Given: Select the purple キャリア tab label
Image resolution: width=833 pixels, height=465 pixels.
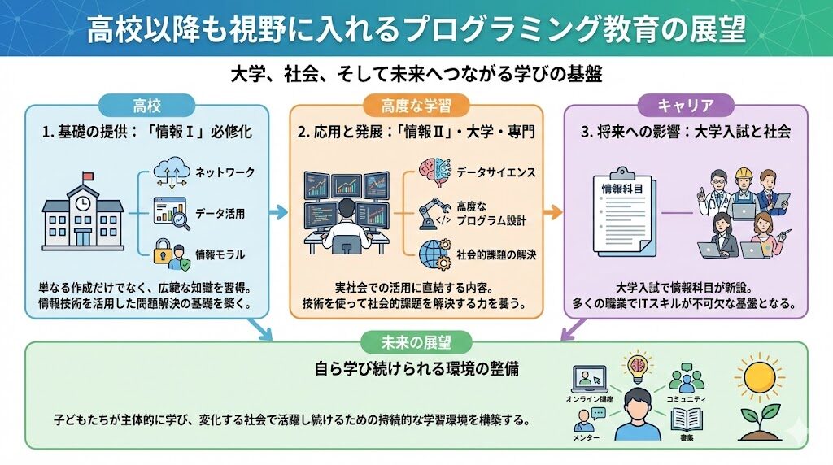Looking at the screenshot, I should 686,105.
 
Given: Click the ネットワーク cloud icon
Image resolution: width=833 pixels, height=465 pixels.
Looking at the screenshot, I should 171,173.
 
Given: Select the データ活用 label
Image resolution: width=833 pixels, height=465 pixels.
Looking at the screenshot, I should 220,214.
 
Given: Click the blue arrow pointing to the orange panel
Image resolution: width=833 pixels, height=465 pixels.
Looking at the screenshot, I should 278,213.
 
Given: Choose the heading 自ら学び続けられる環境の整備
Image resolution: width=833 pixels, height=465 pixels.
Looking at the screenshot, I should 416,368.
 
